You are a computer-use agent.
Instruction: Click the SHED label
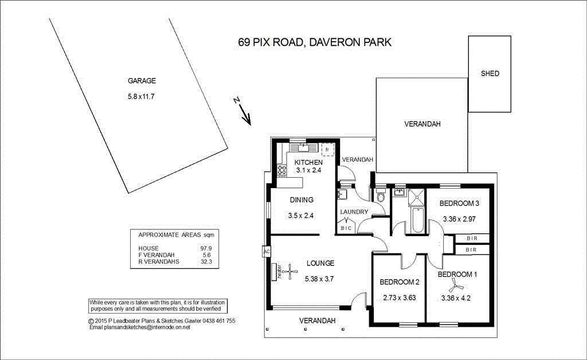(490, 73)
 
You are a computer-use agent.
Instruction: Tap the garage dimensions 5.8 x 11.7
(141, 96)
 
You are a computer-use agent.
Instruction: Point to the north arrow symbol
(242, 111)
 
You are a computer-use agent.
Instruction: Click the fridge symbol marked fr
(327, 150)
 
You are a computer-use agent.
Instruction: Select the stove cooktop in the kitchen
(282, 171)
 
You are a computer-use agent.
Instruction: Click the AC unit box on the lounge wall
(267, 252)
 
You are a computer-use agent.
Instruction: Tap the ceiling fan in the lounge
(289, 271)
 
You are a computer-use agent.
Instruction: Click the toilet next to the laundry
(381, 195)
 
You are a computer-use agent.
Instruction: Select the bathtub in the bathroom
(416, 221)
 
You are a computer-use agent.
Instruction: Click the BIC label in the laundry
(346, 228)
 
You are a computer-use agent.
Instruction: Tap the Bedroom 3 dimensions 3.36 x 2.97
(459, 219)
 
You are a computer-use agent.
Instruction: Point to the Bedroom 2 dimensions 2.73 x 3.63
(399, 298)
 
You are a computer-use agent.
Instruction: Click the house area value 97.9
(206, 248)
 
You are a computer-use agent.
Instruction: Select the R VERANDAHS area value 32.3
(206, 261)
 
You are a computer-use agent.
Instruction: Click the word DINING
(302, 200)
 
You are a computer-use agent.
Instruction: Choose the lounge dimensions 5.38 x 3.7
(319, 279)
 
